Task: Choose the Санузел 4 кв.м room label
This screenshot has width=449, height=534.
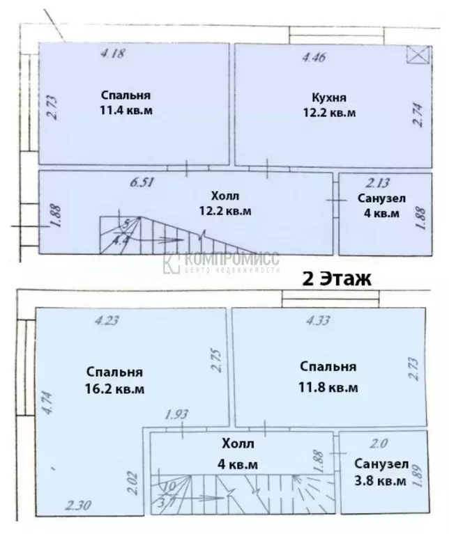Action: click(x=381, y=206)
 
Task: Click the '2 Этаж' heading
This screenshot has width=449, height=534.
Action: click(x=336, y=278)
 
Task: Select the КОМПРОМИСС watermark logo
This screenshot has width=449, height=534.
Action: click(x=222, y=262)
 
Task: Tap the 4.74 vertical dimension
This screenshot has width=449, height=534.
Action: click(x=47, y=402)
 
